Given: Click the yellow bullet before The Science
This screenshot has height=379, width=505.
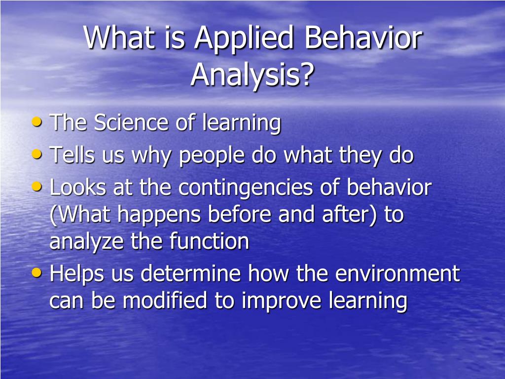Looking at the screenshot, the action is coord(37,122).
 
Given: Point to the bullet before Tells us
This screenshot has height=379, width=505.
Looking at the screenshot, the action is coord(37,154).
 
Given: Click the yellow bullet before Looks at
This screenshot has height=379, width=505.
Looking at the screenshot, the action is coord(37,187).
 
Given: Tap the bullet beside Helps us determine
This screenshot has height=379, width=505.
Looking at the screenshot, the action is coord(37,272).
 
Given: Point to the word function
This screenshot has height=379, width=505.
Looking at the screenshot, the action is coord(209,241).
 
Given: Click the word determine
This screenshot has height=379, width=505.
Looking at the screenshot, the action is coord(191,273).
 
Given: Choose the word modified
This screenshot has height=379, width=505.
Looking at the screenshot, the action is coord(165,300).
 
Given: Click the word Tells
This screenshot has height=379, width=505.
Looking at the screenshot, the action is coord(72,154).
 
